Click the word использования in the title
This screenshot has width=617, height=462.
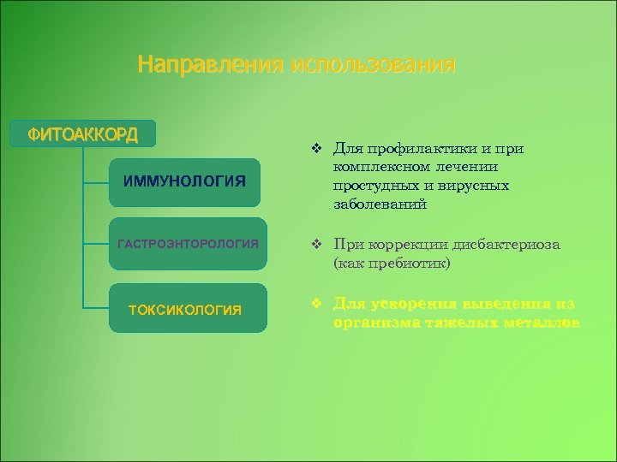point(373,65)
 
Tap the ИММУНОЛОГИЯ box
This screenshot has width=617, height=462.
point(184,181)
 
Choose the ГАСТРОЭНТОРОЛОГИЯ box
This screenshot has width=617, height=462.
point(187,245)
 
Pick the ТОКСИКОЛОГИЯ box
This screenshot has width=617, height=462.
point(184,309)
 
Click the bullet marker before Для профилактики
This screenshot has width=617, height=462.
point(316,149)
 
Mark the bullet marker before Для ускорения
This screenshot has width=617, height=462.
point(316,305)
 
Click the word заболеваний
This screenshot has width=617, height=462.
point(380,204)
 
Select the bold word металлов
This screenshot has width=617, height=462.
point(539,323)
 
